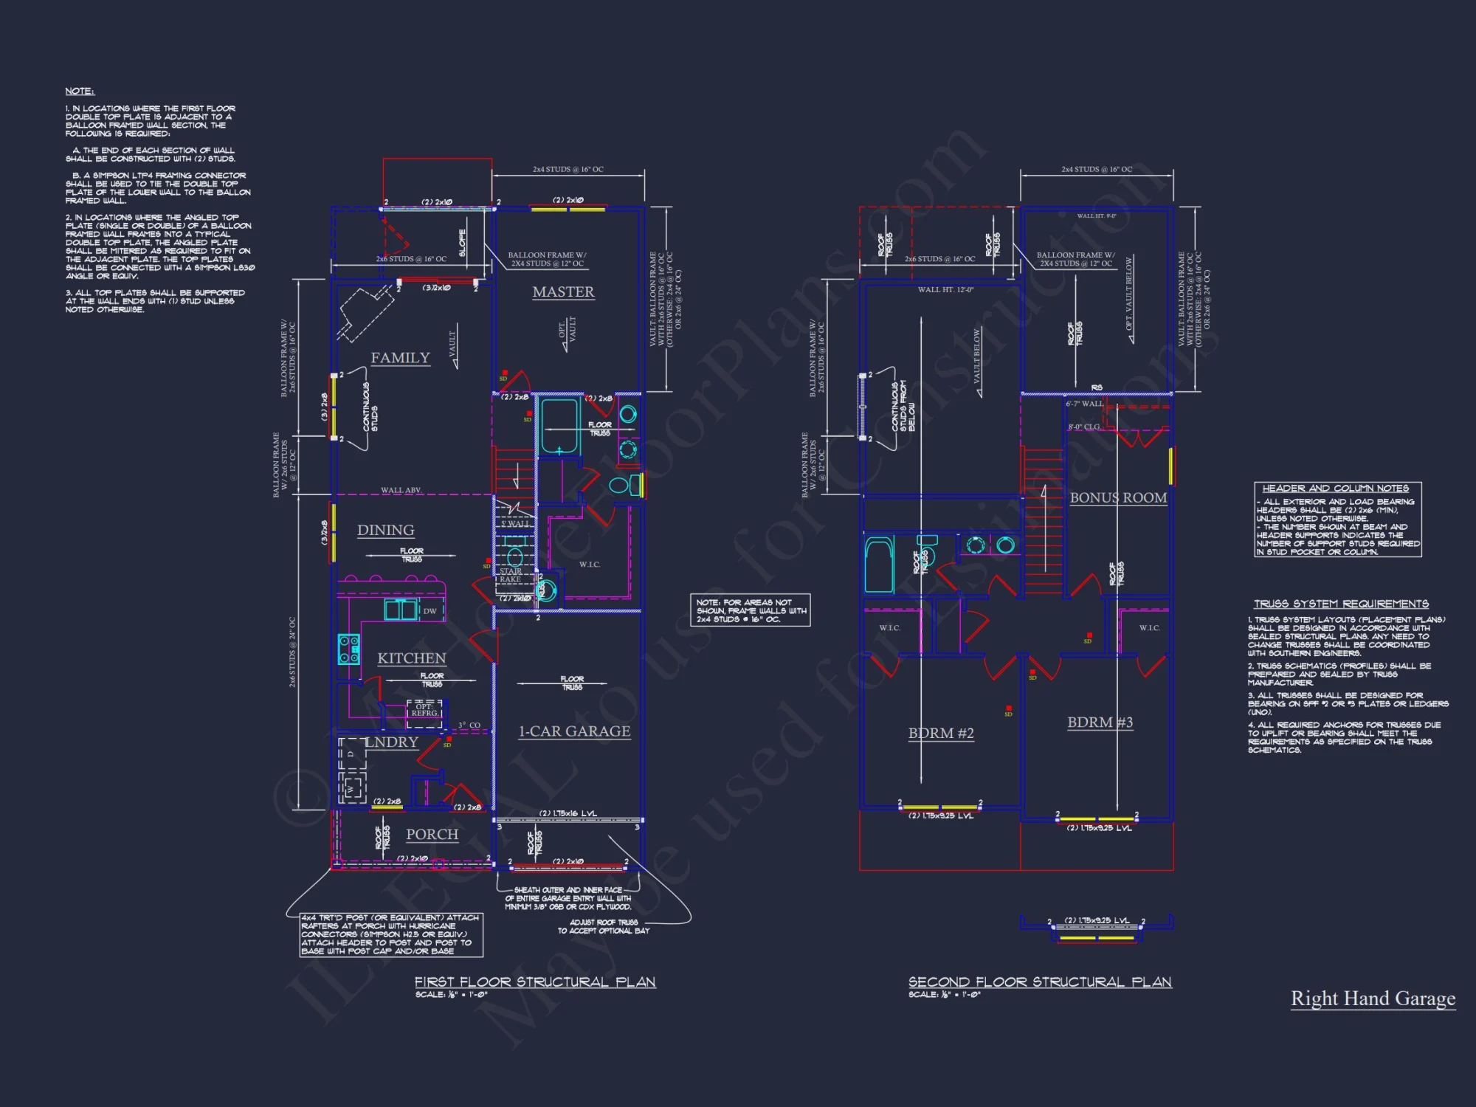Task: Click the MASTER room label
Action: coord(563,292)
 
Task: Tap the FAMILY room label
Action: coord(400,358)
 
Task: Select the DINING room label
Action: coord(385,530)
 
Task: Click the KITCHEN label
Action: coord(412,658)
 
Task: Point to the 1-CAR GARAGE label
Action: coord(574,731)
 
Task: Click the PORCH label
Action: coord(432,835)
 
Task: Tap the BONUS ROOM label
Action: coord(1118,498)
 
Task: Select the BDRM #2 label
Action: coord(941,734)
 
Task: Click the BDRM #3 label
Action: coord(1100,723)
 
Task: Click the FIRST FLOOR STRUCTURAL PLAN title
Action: coord(535,982)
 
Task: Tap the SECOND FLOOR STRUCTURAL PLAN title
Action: coord(1040,982)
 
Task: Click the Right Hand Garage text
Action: coord(1373,999)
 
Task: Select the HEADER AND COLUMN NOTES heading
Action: coord(1335,489)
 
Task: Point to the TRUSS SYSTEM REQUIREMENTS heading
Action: coord(1341,604)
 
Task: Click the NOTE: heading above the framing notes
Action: coord(80,92)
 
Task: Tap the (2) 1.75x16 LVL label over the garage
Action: coord(568,813)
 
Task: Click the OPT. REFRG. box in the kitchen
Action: coord(424,710)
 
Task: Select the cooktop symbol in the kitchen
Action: coord(348,649)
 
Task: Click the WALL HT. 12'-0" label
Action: coord(945,290)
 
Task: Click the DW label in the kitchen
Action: coord(430,611)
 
